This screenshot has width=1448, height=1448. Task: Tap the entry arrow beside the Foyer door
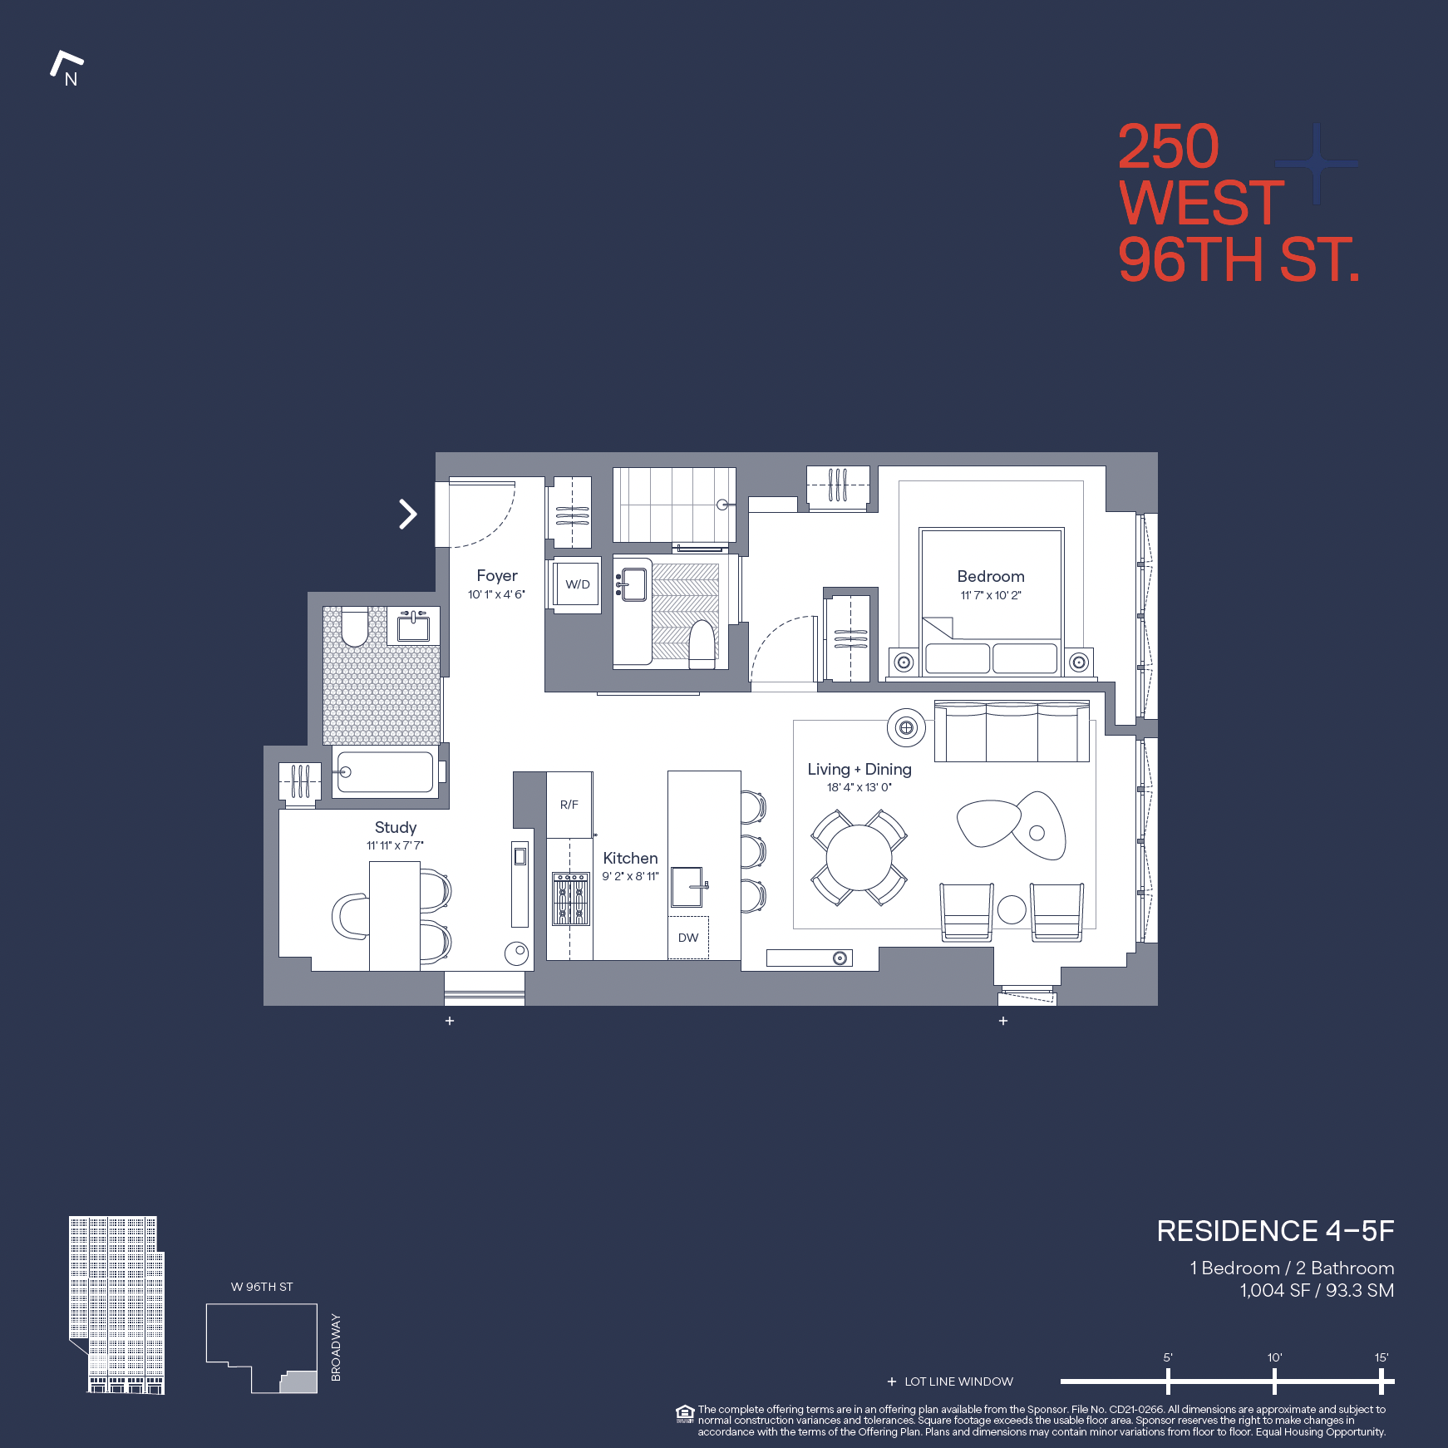407,514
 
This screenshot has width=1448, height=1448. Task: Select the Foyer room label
496,575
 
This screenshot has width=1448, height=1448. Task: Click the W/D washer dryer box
577,584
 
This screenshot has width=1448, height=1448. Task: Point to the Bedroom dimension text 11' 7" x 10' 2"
990,595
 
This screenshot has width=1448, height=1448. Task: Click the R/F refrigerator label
569,805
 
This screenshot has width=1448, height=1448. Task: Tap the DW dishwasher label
688,938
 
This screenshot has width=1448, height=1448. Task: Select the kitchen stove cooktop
571,899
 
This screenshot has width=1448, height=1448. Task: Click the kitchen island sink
687,887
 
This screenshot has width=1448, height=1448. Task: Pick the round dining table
859,858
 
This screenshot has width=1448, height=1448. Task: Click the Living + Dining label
859,769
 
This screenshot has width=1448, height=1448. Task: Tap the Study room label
395,827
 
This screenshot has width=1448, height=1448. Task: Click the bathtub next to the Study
385,772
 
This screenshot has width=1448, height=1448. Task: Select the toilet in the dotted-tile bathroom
355,627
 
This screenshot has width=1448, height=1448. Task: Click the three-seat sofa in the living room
1012,732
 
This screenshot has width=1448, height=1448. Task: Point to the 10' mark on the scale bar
1274,1381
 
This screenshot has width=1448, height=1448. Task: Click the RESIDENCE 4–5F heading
1274,1231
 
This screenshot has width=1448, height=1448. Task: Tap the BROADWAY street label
336,1347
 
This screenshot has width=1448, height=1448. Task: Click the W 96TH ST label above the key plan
262,1287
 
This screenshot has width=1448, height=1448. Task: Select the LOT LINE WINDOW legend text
958,1382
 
